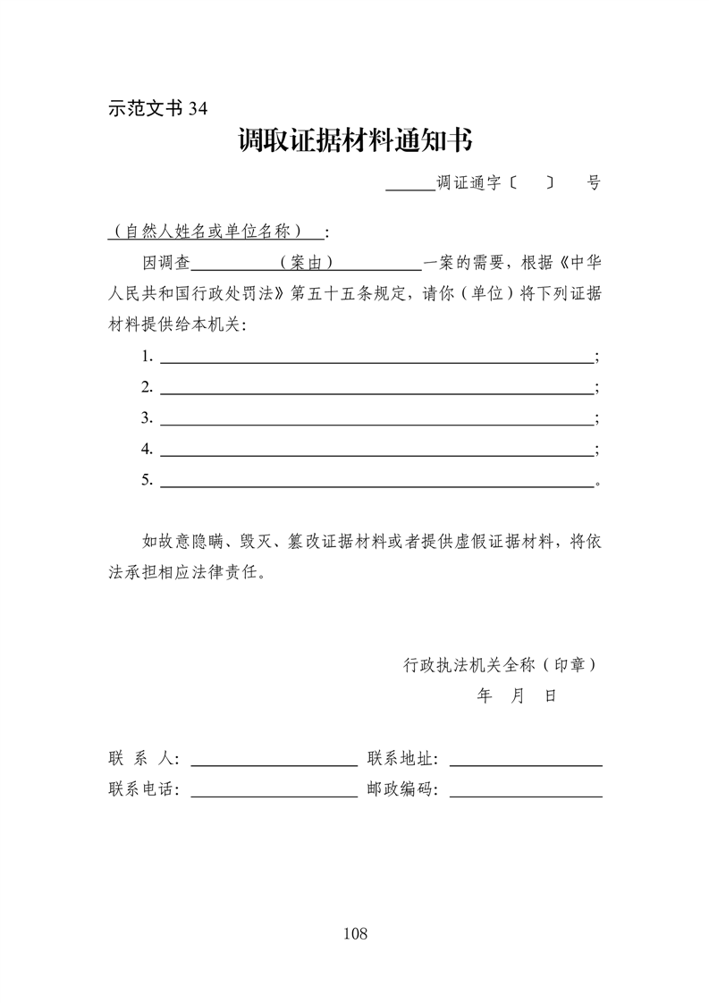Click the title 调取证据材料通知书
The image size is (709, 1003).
(x=355, y=141)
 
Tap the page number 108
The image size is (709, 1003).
(x=355, y=934)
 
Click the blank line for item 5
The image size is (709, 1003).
(x=376, y=485)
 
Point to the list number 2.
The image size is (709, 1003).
(x=147, y=387)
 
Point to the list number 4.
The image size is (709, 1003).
(x=147, y=449)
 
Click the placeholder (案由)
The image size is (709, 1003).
(x=307, y=263)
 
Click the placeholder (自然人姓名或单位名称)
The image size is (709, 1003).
(x=215, y=232)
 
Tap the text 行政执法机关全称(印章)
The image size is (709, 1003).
(x=500, y=665)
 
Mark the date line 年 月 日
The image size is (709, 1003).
(x=518, y=695)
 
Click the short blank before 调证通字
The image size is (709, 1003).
(x=409, y=188)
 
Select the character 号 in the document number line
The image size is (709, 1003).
(x=594, y=183)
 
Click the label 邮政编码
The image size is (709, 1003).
(x=401, y=790)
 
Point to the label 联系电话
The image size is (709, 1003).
(x=143, y=790)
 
